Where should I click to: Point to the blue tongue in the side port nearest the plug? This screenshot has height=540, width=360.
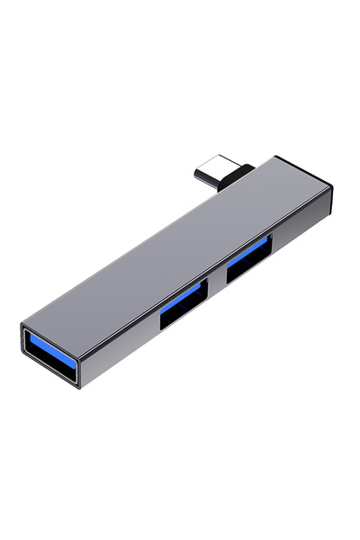(x=250, y=249)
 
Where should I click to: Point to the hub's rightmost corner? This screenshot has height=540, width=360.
(x=331, y=189)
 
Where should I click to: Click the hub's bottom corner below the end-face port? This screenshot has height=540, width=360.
(x=83, y=387)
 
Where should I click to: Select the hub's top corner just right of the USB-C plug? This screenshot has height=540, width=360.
(x=275, y=158)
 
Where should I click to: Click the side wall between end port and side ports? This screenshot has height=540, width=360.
(x=121, y=346)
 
